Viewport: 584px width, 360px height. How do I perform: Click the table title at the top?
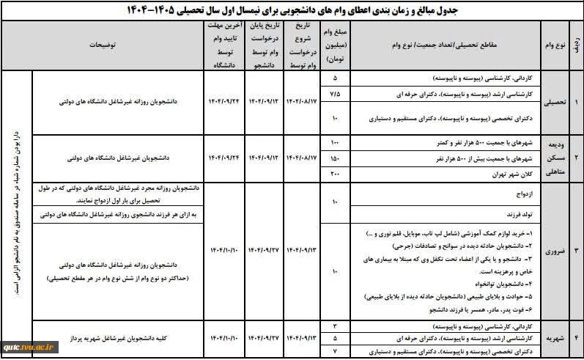coord(293,10)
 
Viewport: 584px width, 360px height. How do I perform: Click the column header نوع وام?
coord(555,45)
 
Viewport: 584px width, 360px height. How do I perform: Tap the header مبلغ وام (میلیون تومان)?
coord(335,45)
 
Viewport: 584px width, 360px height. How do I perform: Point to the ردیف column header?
coord(576,45)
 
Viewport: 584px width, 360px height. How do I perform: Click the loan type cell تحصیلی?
coord(555,103)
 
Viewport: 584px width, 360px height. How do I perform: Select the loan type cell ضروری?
coord(555,251)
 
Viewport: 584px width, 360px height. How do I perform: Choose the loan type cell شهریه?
coord(555,339)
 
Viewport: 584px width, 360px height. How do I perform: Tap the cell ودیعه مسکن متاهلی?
coord(555,158)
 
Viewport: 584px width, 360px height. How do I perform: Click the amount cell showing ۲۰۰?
coord(335,173)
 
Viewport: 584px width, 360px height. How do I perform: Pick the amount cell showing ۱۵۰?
coord(335,157)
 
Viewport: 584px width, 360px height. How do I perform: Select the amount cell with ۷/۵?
coord(335,95)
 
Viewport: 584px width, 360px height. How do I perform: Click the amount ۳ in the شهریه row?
coord(335,324)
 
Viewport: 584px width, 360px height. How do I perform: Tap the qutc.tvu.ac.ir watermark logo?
coord(26,348)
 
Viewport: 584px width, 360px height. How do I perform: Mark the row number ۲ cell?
coord(576,158)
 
